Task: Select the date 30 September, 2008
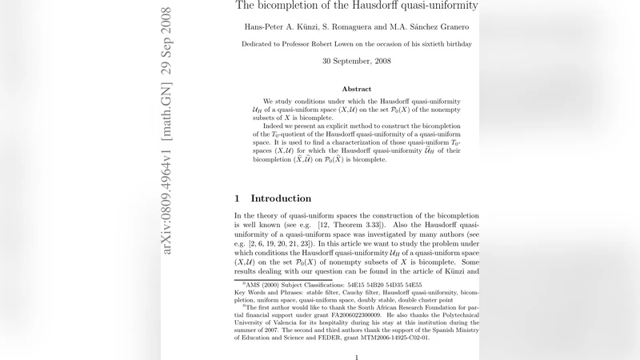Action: click(356, 61)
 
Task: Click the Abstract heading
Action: click(356, 89)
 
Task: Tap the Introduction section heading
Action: click(281, 198)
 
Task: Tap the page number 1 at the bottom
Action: click(356, 357)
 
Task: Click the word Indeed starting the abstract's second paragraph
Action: click(276, 125)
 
